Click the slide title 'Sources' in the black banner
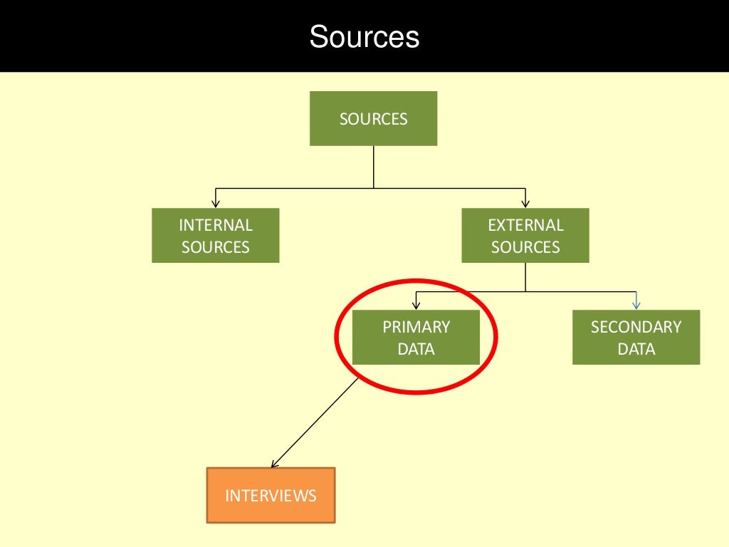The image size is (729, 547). coord(364,36)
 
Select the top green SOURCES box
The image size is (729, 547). coord(373,119)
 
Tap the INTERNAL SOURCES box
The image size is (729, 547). coord(215,235)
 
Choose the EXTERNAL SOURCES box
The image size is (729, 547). coord(525,235)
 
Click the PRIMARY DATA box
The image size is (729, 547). coord(416,337)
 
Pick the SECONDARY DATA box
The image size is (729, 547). coord(636,337)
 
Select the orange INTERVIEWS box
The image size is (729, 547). coord(271,496)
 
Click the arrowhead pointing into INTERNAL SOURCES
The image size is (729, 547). coord(215,204)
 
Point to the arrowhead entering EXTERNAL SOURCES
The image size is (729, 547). coord(525,204)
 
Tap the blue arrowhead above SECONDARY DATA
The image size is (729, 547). coord(636,306)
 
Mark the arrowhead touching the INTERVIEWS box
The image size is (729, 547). coord(275,463)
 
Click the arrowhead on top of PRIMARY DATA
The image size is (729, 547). coord(416,306)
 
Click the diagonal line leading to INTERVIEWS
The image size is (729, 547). coord(314,423)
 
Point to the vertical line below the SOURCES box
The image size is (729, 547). coord(373,167)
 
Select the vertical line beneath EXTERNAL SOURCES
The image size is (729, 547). coord(525,277)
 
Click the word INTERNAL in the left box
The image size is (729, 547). coord(216,225)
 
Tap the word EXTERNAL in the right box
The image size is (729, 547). coord(526,225)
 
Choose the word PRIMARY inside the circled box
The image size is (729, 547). coord(416,327)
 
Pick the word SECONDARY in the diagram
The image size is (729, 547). coord(636,327)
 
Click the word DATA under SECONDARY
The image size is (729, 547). coord(636,349)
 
